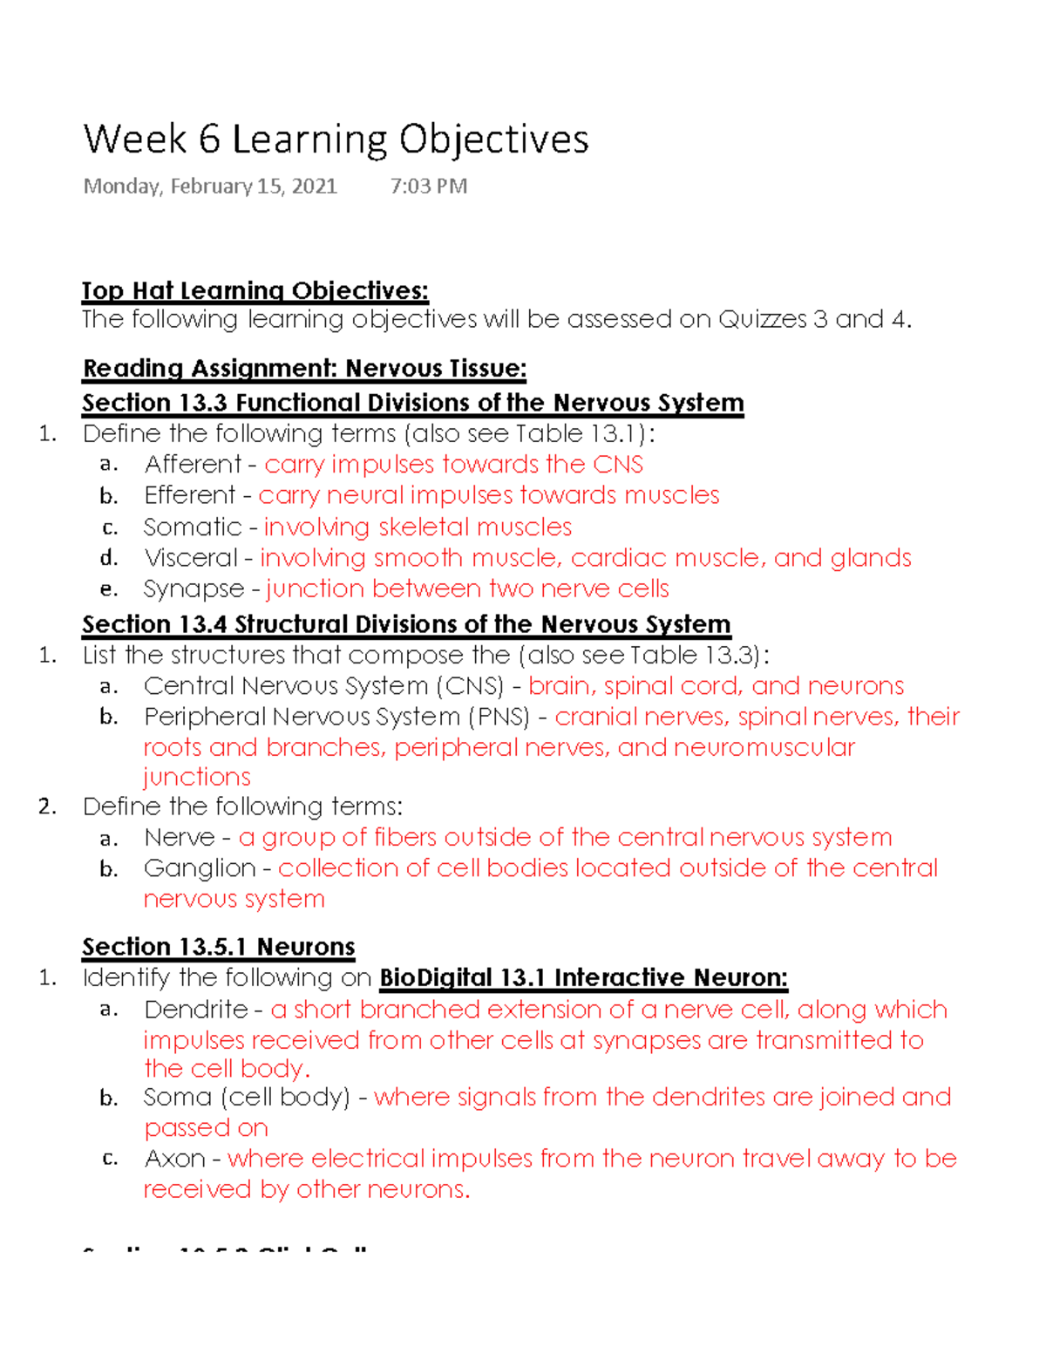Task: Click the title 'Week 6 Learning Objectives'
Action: pos(336,140)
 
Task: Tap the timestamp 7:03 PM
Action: pos(428,187)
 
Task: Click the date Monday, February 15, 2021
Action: pos(209,187)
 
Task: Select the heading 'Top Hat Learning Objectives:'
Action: pos(255,290)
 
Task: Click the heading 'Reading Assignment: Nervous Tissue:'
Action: pos(304,369)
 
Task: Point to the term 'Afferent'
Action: pos(193,465)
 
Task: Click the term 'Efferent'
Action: pos(190,495)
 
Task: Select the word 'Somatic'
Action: pos(193,527)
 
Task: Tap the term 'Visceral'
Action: pos(191,558)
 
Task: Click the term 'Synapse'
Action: pos(194,589)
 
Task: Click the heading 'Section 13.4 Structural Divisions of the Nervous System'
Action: pos(406,625)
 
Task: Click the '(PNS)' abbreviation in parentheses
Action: pos(499,717)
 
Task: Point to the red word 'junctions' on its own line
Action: pos(197,777)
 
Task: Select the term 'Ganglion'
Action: pos(200,868)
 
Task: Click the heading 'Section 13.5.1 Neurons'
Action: pos(218,947)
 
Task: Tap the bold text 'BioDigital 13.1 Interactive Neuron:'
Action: pos(583,978)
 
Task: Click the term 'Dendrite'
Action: pos(196,1010)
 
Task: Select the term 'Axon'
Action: pos(174,1159)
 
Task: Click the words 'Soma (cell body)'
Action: pos(247,1097)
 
